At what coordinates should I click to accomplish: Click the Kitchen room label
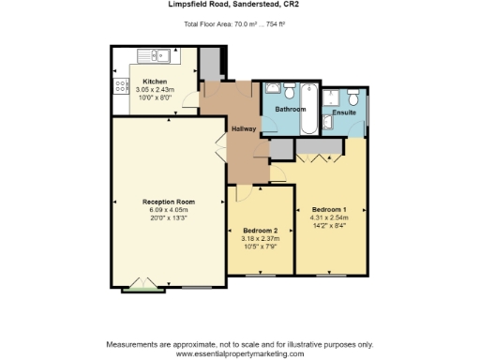[155, 82]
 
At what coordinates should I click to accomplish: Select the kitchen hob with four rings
[121, 87]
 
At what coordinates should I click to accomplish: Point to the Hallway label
[243, 128]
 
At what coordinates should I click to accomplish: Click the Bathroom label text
[291, 110]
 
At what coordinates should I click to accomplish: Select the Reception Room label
[168, 202]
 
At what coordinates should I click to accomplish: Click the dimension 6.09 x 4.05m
[168, 210]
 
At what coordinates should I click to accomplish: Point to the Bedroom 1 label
[329, 208]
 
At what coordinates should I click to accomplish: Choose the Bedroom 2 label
[260, 231]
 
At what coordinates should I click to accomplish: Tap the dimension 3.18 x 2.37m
[260, 239]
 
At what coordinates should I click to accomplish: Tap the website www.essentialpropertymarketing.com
[240, 353]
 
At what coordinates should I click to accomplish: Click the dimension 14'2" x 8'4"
[329, 225]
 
